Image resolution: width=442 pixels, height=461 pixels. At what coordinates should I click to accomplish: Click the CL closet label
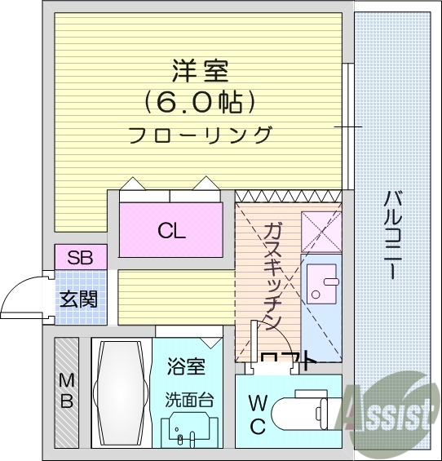point(171,230)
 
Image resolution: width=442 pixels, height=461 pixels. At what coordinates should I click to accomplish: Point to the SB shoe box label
point(80,259)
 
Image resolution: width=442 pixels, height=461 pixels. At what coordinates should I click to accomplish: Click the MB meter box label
point(66,391)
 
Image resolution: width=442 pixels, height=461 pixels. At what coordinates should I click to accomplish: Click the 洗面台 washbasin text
point(188,401)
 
